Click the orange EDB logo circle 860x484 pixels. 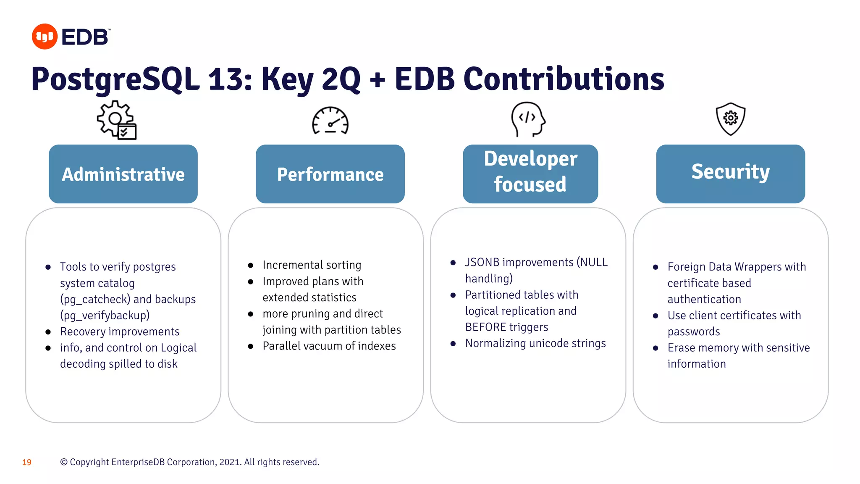tap(45, 37)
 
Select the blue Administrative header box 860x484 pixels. tap(123, 174)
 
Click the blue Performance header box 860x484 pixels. tap(330, 174)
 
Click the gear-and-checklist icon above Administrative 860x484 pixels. tap(117, 120)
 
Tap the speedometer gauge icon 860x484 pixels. tap(330, 121)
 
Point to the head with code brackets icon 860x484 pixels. tap(527, 119)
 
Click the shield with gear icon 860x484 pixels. tap(730, 119)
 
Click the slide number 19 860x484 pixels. tap(27, 463)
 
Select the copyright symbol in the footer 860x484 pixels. tap(64, 462)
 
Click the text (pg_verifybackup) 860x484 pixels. tap(105, 316)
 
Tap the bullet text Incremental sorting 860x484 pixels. tap(312, 265)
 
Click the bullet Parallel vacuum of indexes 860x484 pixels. tap(329, 346)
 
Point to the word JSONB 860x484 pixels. tap(482, 263)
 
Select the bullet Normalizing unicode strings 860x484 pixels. tap(535, 344)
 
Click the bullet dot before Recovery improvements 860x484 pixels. tap(48, 332)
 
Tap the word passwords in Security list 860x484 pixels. tap(693, 332)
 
